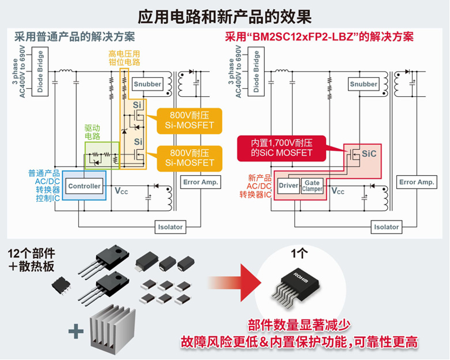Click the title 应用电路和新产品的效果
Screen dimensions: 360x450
(x=224, y=16)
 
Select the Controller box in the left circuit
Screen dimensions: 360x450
(x=84, y=186)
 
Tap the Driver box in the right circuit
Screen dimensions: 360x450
(x=288, y=185)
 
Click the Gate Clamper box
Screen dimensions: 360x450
(x=312, y=186)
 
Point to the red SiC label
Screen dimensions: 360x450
(x=369, y=154)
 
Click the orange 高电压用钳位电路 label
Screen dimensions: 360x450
(x=124, y=58)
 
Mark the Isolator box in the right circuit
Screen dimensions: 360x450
(x=386, y=227)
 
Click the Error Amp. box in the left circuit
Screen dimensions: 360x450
(x=200, y=182)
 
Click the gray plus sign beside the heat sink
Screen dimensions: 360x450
(x=76, y=331)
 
